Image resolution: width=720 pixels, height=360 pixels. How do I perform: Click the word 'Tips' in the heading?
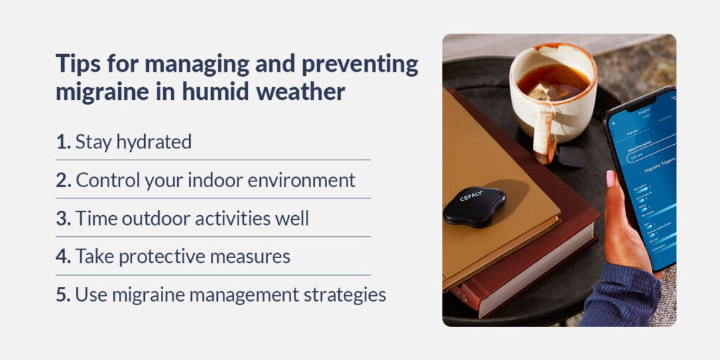tap(78, 65)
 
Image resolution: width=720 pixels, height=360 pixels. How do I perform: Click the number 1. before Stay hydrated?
tap(63, 141)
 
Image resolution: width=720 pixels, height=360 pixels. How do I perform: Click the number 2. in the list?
tap(64, 180)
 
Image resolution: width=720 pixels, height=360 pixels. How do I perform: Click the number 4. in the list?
tap(64, 257)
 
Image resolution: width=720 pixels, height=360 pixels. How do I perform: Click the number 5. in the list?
tap(64, 295)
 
